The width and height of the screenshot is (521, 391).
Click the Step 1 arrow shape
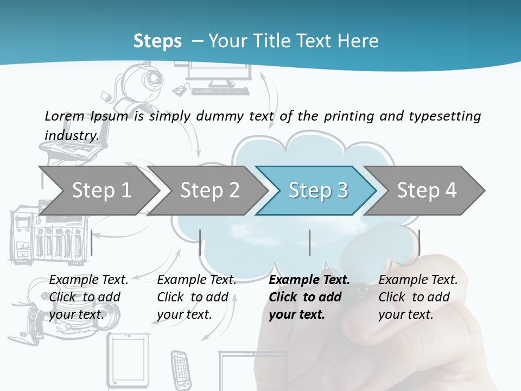click(100, 190)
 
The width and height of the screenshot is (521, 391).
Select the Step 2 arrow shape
click(209, 190)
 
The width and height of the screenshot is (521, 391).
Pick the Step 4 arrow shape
click(426, 190)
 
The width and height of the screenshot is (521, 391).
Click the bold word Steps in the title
click(157, 41)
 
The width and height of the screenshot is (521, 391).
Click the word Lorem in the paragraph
click(64, 116)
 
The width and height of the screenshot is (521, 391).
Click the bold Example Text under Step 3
click(309, 280)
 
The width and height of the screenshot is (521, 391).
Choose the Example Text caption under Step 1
click(89, 280)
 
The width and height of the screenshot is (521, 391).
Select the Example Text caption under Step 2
click(196, 280)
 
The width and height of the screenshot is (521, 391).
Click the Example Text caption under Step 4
click(418, 280)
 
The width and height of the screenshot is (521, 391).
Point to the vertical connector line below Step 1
click(92, 242)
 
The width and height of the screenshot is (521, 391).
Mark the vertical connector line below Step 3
click(309, 242)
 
